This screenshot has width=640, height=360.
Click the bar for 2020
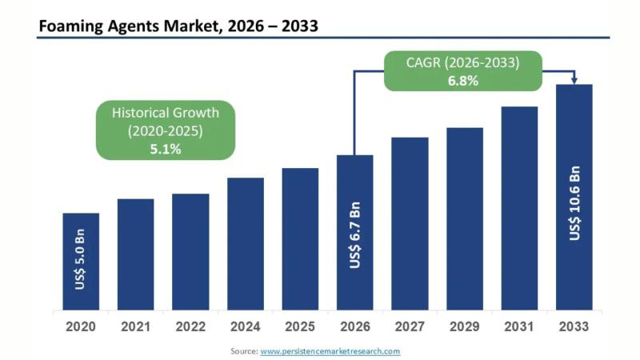[x=81, y=262]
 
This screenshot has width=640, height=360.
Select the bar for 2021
[x=135, y=254]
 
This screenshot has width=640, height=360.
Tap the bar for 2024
[x=245, y=244]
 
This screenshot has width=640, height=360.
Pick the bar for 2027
[x=410, y=224]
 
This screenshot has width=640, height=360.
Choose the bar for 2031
[x=519, y=208]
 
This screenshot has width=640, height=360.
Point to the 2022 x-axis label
[x=190, y=326]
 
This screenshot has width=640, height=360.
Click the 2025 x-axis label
[x=300, y=326]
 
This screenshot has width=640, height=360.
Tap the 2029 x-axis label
[x=465, y=326]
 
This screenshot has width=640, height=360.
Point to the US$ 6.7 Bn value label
[x=355, y=235]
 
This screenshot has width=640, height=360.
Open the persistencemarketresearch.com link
[x=330, y=350]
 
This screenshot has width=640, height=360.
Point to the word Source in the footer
[x=243, y=350]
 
